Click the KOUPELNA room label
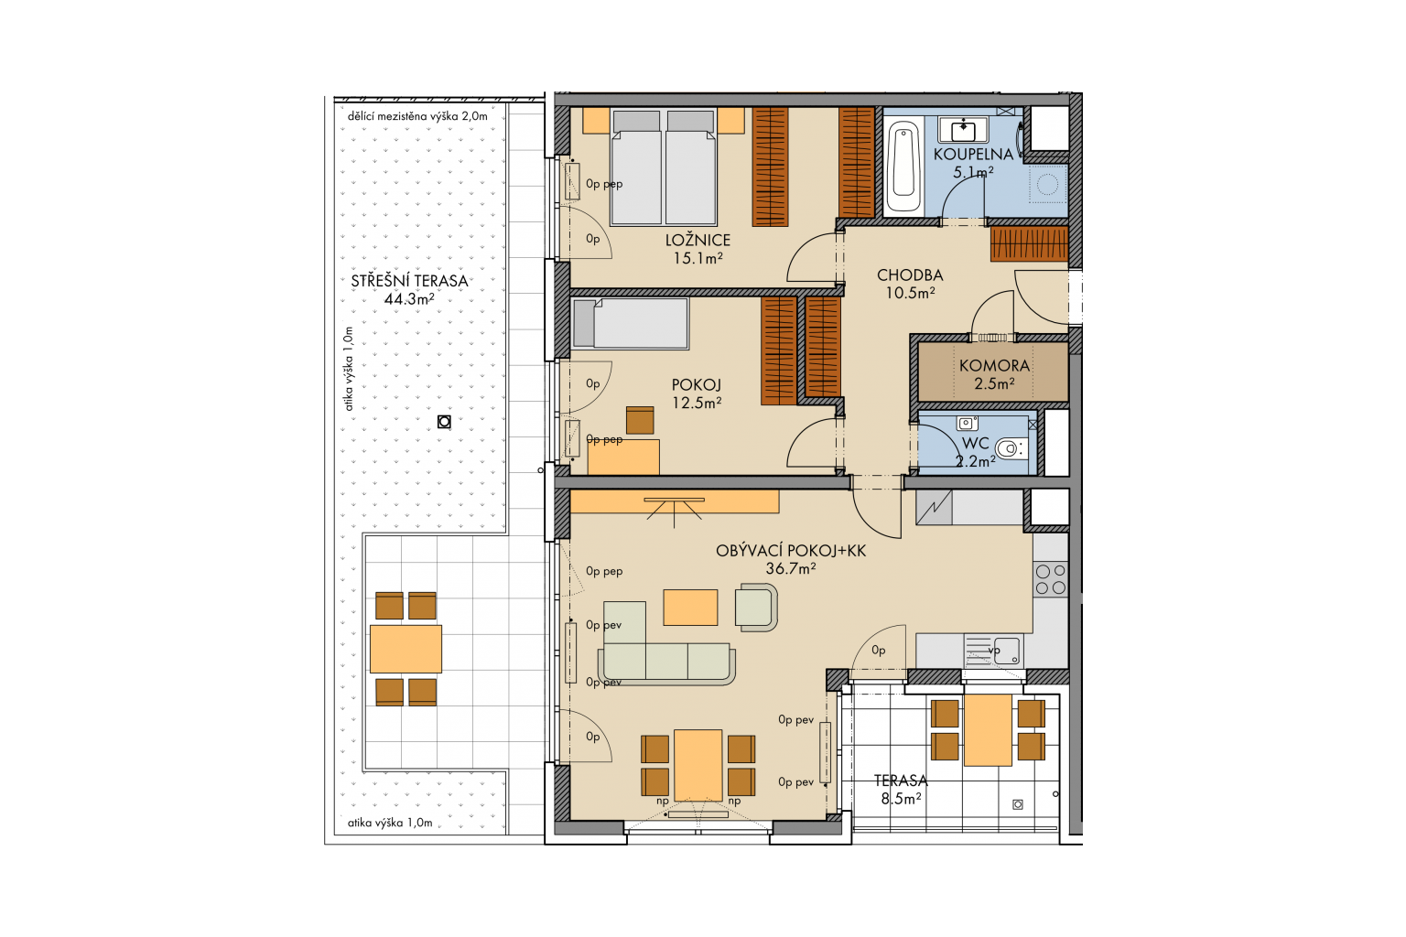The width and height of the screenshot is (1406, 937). coord(973,154)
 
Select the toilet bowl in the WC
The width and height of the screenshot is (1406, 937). coord(1011,448)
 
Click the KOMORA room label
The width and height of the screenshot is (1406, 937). coord(994,365)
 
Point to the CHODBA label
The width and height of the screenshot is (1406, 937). coord(910,275)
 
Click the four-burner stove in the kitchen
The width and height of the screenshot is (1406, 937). coord(1051,579)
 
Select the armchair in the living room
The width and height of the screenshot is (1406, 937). coord(756,607)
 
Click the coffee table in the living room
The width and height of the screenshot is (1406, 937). coord(690,607)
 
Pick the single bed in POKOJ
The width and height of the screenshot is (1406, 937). coord(631,323)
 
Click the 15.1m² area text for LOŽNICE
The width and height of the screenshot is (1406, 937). coord(698,257)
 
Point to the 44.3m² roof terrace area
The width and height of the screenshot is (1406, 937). coord(409,298)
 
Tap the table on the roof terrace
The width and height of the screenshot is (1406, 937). coord(406,649)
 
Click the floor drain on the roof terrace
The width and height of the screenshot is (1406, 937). coord(444,422)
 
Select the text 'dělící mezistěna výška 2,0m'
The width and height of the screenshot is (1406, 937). coord(417,116)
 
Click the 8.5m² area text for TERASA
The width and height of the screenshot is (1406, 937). coord(901,798)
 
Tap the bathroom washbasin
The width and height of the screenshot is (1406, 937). coord(963,130)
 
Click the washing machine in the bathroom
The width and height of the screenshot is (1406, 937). coord(1047,184)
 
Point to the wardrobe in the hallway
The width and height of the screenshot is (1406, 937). coord(1030,243)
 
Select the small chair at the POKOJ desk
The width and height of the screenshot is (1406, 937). coord(640,420)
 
